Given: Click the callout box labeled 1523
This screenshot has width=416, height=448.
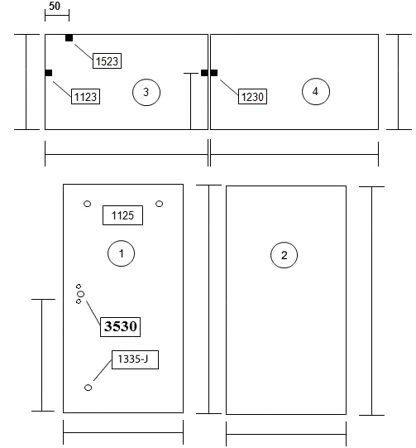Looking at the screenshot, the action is coord(107,60).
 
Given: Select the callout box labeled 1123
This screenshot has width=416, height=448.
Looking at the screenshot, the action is coord(85,97).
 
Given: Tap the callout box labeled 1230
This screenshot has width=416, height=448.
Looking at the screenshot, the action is coord(252,97).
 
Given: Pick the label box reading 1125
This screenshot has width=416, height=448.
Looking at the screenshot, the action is coord(122,215).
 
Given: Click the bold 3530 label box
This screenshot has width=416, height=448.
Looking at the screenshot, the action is coord(120,327).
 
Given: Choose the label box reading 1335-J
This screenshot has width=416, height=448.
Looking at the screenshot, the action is coord(135,359).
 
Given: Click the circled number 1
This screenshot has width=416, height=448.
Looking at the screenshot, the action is coord(122,253).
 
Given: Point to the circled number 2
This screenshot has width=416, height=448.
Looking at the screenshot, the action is coord(285,255).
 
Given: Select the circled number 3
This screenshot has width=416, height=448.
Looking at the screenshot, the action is coord(146,92).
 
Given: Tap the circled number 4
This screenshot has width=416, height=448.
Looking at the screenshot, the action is coord(316,92).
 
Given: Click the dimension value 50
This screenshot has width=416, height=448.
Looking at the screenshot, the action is coord(55,6).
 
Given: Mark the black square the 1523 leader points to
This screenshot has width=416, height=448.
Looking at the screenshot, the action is coord(69,38).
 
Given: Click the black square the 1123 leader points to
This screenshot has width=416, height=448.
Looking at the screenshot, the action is coord(49,73).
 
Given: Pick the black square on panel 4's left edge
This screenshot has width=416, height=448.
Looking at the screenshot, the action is coord(214,73).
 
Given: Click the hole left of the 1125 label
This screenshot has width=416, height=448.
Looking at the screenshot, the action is coord(88,204).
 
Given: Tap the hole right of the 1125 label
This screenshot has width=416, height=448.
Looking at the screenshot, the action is coord(160,204).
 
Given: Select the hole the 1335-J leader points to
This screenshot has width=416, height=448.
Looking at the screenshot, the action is coord(88,388).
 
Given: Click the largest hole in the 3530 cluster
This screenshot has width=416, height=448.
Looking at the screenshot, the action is coord(81,294).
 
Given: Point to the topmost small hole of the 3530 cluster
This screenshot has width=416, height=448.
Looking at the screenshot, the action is coord(79,287).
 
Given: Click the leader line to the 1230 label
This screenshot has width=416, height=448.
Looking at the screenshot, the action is coord(229,88).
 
